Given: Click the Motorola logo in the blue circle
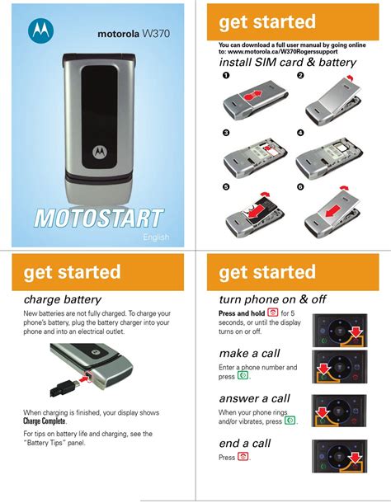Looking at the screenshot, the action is (x=40, y=31).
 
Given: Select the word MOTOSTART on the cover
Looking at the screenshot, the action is (x=99, y=219).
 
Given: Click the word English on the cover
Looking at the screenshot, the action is (x=156, y=237).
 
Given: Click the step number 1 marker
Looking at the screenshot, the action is (x=226, y=75).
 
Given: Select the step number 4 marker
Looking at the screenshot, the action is (x=300, y=133).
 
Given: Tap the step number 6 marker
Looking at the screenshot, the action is (x=300, y=186).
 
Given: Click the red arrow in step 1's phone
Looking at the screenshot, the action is (x=252, y=95).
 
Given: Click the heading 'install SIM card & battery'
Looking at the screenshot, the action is (x=288, y=62).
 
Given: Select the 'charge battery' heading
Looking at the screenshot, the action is (x=62, y=299).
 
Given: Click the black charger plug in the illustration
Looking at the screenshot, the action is (x=64, y=388).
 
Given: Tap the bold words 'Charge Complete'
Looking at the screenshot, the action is (x=45, y=421).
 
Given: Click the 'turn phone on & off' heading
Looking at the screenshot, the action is (x=272, y=299).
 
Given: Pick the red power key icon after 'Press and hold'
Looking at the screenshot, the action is (x=272, y=313).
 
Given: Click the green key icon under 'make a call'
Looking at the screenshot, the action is (x=243, y=375).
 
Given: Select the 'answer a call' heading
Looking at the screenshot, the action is (x=255, y=398).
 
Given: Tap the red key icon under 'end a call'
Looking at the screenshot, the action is (x=243, y=457).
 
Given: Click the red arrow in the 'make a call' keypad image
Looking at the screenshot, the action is (x=324, y=369).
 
